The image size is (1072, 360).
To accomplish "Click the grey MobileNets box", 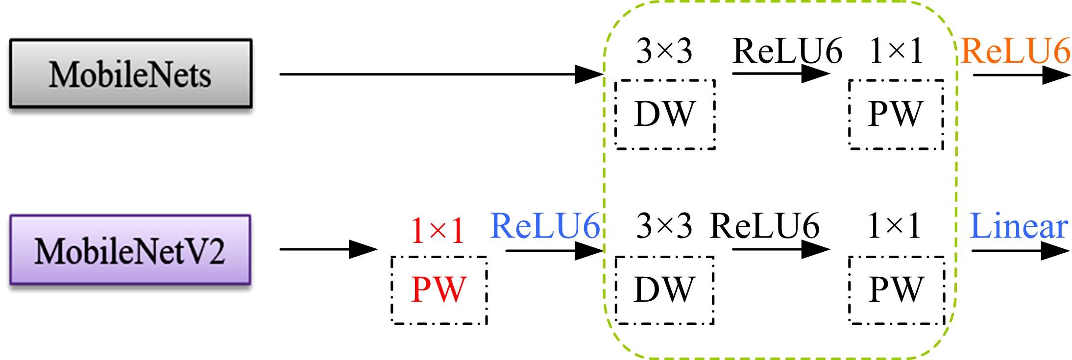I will (130, 73).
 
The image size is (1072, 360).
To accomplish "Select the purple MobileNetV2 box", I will (130, 250).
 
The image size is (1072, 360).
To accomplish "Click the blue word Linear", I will (1019, 227).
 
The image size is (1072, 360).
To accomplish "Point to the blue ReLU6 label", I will (545, 226).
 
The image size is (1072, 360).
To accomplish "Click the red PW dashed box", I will (439, 289).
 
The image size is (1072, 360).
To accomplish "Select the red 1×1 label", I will (438, 231).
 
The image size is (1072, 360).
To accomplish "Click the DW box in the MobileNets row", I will (665, 114).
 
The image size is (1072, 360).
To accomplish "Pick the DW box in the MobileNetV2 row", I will (664, 289).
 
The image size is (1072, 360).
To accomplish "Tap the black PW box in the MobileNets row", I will (896, 114).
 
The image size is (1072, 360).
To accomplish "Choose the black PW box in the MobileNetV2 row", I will (896, 289).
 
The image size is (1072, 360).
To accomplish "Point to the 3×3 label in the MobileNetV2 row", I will (664, 226).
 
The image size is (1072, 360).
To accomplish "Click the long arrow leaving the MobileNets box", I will (441, 74).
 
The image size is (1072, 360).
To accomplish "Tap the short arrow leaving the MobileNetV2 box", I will (328, 249).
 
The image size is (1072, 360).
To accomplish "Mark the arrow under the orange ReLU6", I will (1021, 75).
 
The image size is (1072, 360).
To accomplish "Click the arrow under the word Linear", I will (1020, 251).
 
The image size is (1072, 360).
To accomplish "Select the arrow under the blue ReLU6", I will (554, 251).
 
